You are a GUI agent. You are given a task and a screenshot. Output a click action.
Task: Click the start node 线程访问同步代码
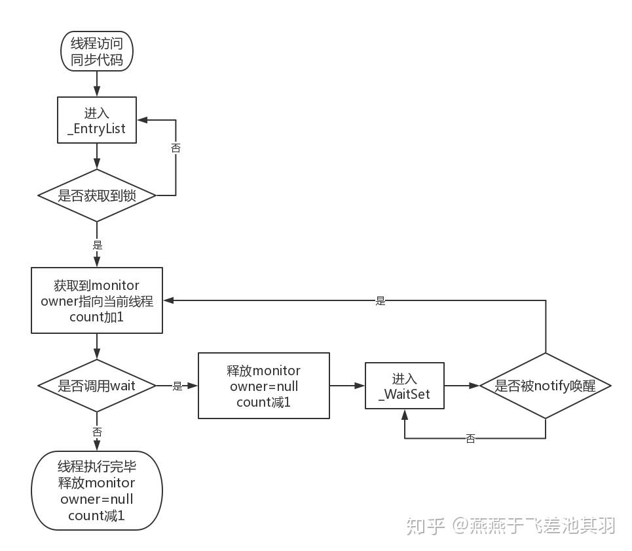[97, 51]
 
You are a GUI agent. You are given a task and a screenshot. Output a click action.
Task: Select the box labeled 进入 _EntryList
[97, 120]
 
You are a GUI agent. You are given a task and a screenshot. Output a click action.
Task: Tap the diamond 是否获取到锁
[97, 195]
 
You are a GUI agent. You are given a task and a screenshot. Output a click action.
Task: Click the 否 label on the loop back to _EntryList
[176, 148]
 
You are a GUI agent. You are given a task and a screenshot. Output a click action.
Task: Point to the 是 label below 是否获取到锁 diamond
[98, 245]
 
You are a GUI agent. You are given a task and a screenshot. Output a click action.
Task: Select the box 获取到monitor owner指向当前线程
[97, 300]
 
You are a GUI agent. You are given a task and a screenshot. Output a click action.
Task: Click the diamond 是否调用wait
[97, 386]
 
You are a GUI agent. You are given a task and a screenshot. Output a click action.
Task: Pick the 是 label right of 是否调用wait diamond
[177, 386]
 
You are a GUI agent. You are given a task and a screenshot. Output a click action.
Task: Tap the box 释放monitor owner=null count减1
[263, 386]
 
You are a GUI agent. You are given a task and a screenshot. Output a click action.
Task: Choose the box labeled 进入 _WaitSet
[405, 386]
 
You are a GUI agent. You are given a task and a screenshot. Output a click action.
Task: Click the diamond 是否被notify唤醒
[545, 386]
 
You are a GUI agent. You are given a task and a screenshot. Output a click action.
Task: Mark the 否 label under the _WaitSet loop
[470, 439]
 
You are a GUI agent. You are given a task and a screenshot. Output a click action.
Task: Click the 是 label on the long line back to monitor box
[381, 301]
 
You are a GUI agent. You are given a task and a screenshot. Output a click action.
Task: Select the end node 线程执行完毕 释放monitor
[97, 491]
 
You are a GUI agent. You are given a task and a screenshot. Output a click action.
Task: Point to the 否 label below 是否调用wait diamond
[98, 432]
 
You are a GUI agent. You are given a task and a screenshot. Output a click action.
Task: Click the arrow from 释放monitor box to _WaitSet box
[347, 386]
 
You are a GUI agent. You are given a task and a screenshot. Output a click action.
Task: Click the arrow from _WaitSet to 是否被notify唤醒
[462, 386]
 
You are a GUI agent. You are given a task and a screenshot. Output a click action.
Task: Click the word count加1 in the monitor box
[97, 317]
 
